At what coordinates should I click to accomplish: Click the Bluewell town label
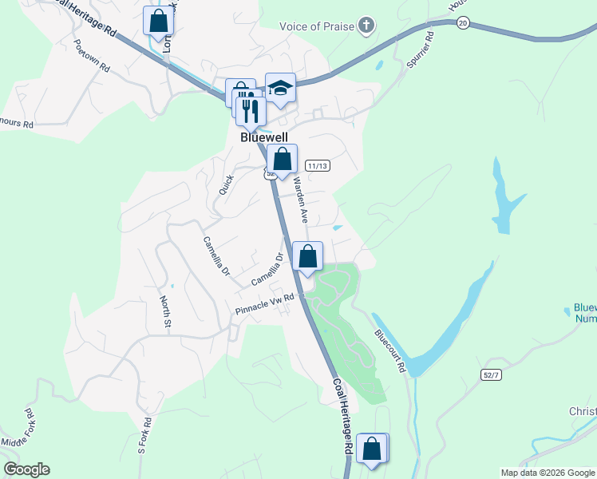264,137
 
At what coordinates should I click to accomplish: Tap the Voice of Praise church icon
366,26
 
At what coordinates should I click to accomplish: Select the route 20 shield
463,23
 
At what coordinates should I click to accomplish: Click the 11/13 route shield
317,165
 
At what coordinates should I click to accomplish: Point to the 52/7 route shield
492,374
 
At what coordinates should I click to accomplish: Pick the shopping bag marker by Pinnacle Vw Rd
308,256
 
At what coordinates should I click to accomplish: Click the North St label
165,311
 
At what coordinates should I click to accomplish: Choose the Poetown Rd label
91,56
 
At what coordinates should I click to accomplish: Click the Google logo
26,469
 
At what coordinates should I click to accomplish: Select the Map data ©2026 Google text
547,473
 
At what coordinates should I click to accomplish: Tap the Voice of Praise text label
316,26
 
